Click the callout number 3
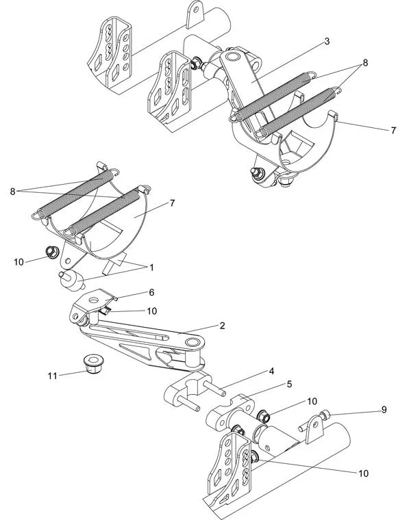click(x=327, y=42)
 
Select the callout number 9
click(x=384, y=410)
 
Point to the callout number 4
click(x=271, y=372)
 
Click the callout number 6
click(x=151, y=292)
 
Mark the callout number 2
click(x=223, y=326)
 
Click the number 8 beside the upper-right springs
click(x=366, y=62)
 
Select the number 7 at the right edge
click(x=393, y=129)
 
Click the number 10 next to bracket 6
click(x=152, y=311)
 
